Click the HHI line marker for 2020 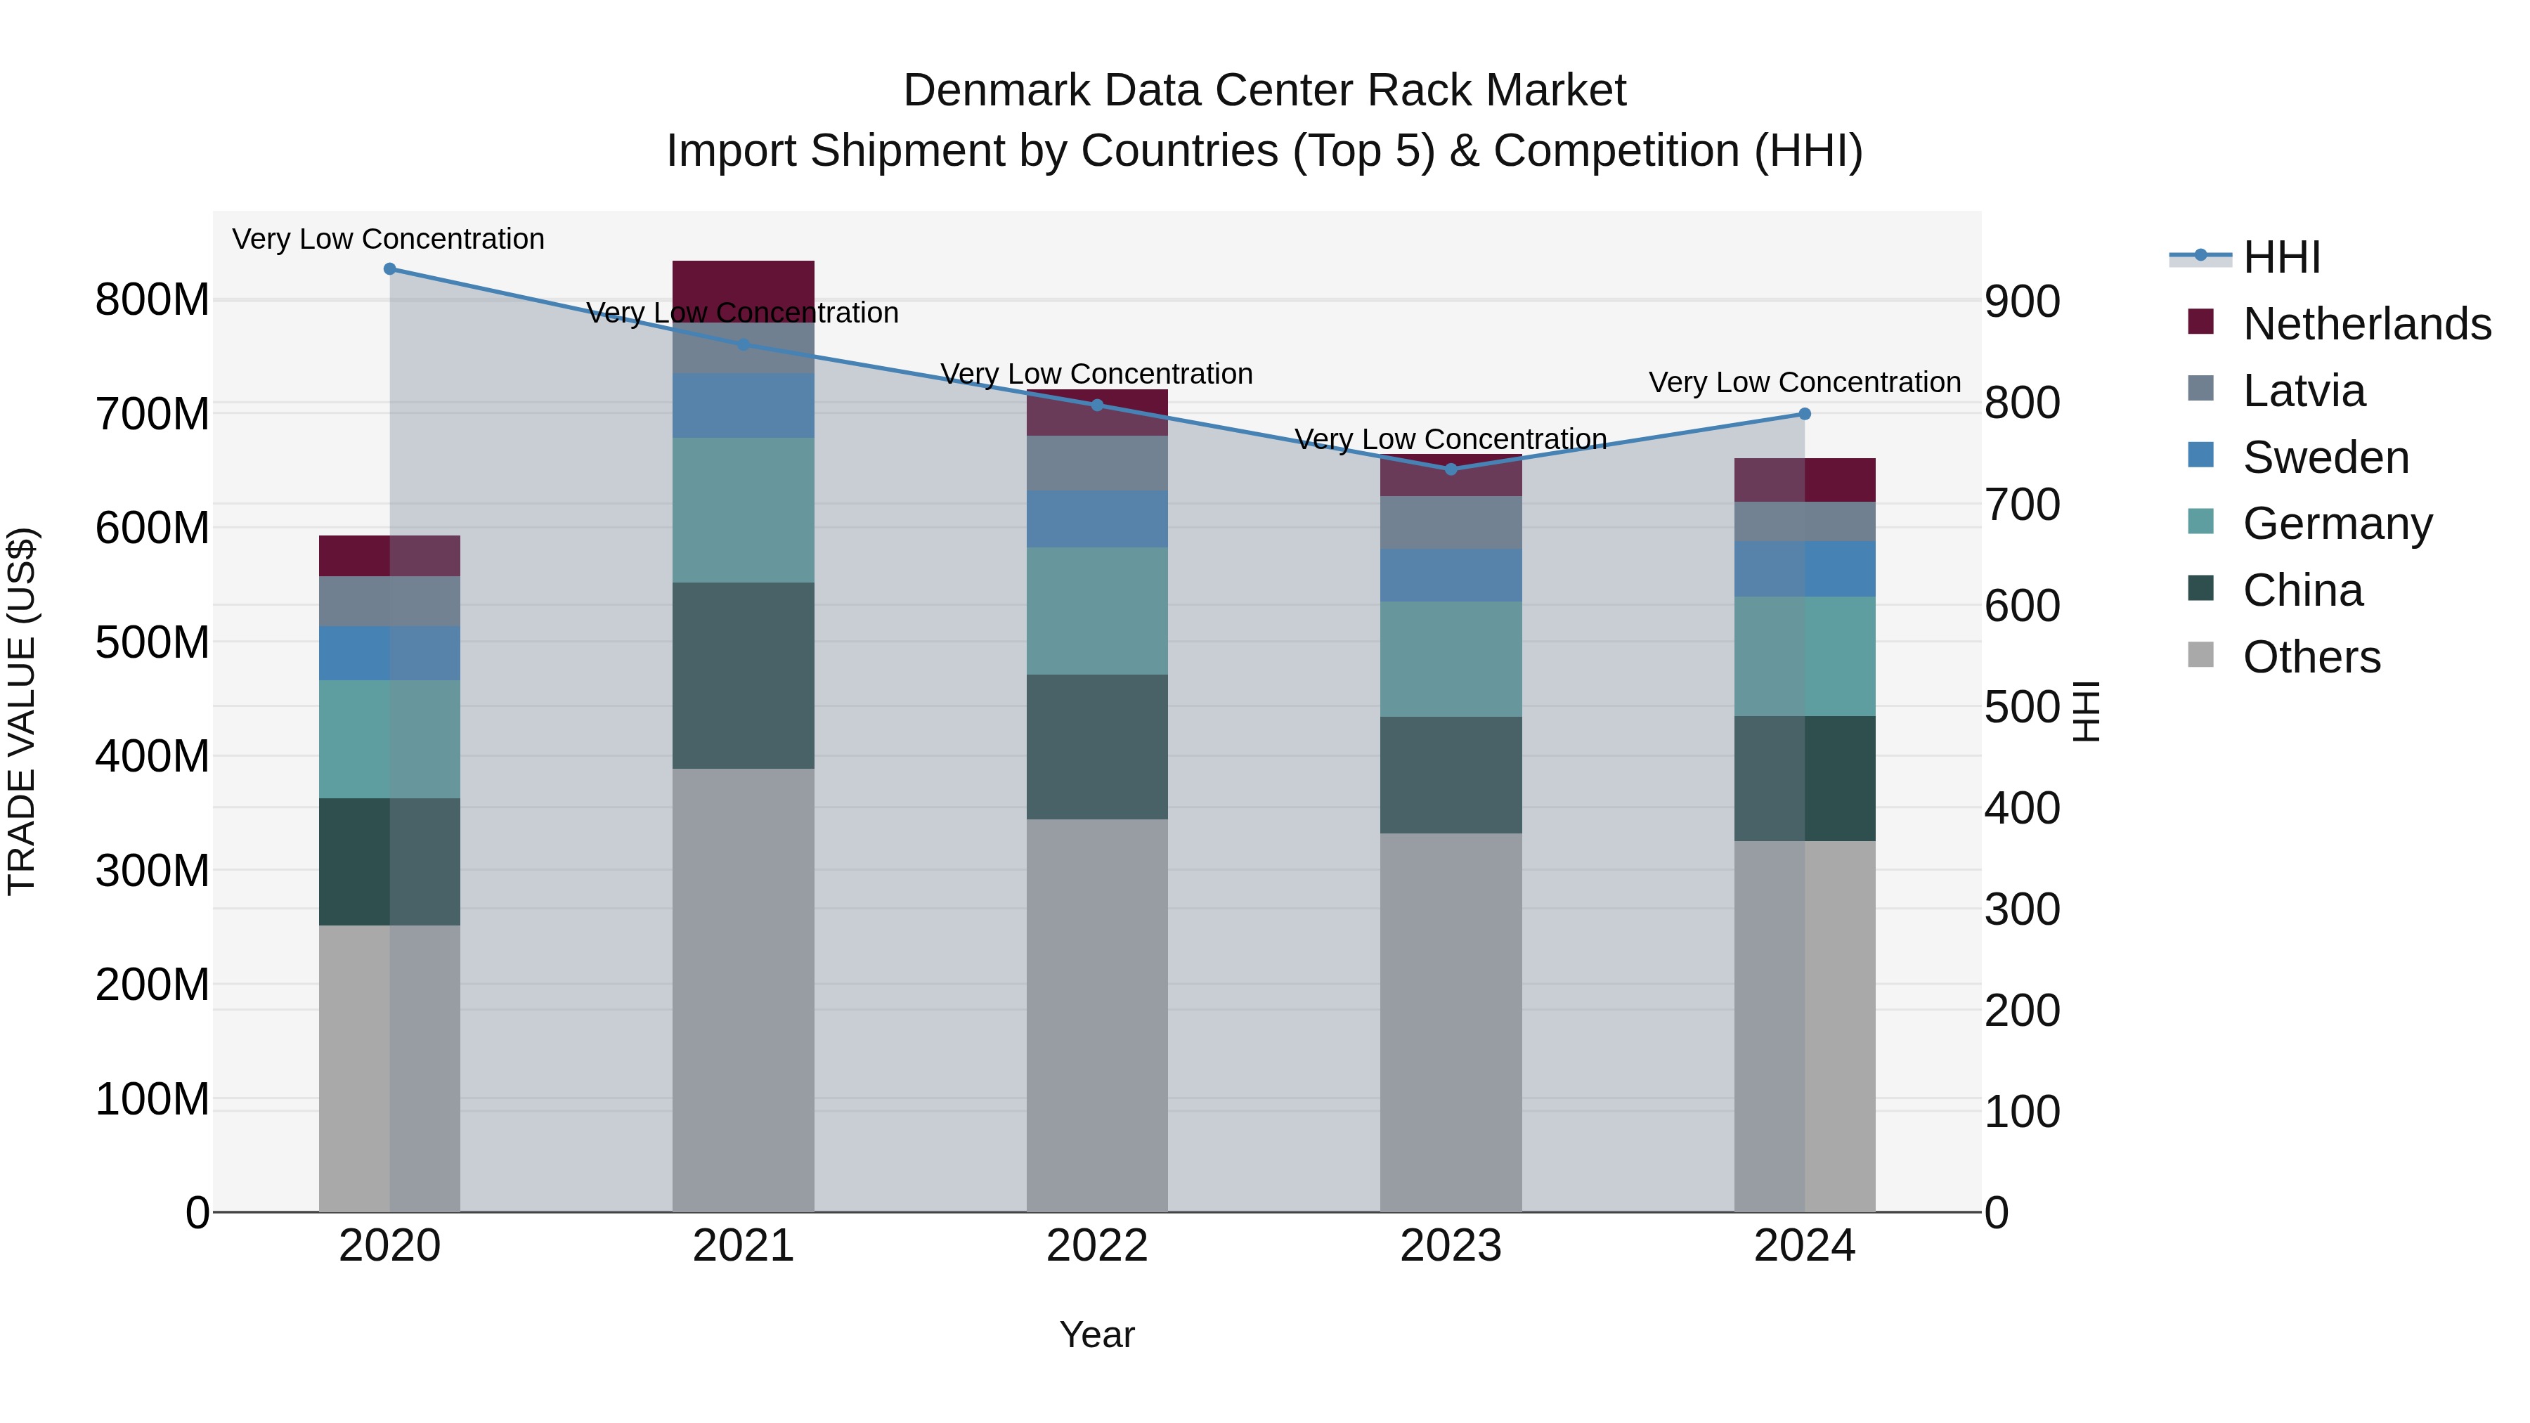tap(390, 269)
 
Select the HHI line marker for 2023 tap(1451, 469)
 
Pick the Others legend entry tap(2311, 657)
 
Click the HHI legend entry tap(2281, 257)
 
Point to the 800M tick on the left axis tap(153, 299)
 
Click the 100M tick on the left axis tap(153, 1100)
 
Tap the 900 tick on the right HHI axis tap(2022, 301)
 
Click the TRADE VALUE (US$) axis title tap(22, 711)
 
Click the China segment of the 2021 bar tap(744, 675)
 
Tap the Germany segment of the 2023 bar tap(1451, 659)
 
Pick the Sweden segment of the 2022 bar tap(1097, 519)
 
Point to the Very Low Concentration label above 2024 tap(1804, 382)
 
